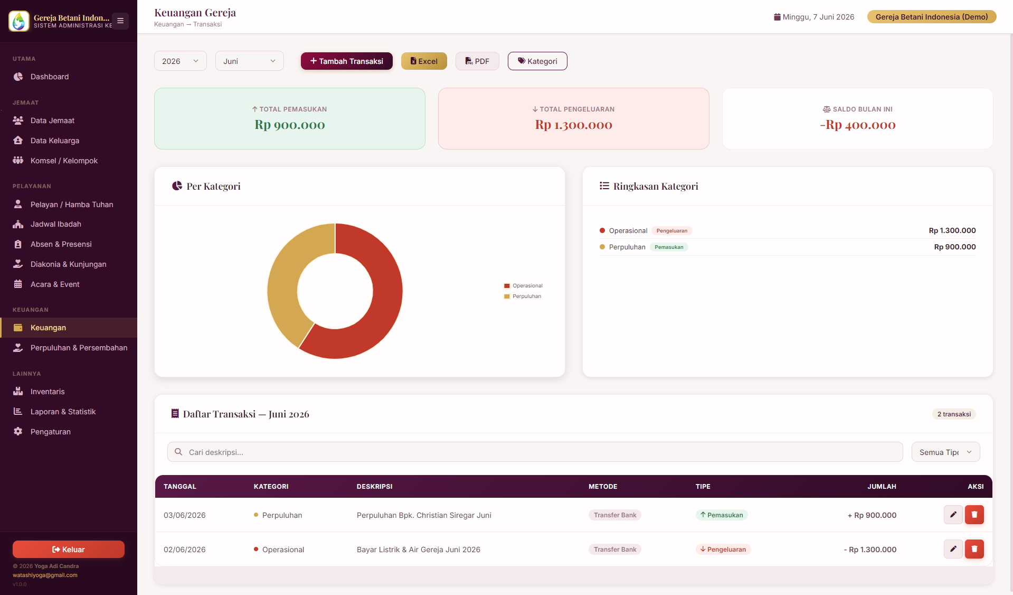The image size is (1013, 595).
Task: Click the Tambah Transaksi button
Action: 347,61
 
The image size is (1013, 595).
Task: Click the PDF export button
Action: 477,61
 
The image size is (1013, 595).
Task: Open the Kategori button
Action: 537,61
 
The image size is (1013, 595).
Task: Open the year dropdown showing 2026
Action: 181,61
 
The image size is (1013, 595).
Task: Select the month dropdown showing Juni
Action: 250,61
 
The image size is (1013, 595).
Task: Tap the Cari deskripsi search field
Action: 535,452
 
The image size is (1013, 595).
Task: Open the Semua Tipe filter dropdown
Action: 945,452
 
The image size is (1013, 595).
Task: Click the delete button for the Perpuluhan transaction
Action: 974,515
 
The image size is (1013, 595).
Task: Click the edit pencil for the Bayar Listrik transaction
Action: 953,549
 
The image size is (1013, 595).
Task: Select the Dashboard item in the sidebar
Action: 50,77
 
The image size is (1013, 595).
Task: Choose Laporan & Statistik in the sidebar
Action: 63,412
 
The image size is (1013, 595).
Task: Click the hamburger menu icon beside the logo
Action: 120,21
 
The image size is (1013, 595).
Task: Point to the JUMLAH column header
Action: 882,487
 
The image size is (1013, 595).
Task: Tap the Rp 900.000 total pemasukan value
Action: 290,125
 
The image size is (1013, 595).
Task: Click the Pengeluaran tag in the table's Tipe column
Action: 723,550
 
